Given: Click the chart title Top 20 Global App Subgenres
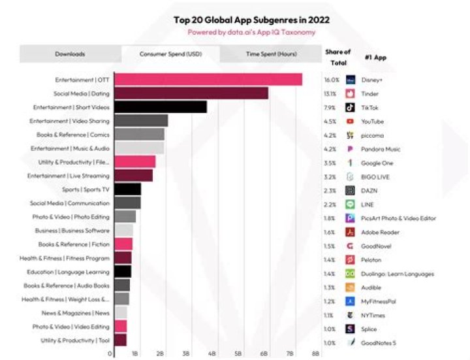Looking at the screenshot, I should pos(251,20).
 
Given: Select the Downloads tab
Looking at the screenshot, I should pos(70,54).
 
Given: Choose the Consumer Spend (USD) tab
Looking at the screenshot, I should pos(170,54).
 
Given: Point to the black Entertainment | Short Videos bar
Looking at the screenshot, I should pos(161,107).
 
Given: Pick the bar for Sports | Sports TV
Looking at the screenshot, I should pos(127,189).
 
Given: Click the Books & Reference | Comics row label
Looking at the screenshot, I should pos(73,135).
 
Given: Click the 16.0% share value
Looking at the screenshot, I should pos(330,80).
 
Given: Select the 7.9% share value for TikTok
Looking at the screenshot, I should pos(330,107).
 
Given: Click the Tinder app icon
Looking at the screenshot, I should pos(350,93).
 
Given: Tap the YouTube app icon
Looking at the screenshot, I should pos(350,121).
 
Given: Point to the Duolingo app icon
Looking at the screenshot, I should pos(350,274).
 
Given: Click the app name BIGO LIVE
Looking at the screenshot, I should pos(376,176).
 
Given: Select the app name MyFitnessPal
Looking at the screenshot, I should pos(380,301).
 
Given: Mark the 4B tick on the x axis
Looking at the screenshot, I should pos(211,353).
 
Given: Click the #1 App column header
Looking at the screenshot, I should pos(375,57).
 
